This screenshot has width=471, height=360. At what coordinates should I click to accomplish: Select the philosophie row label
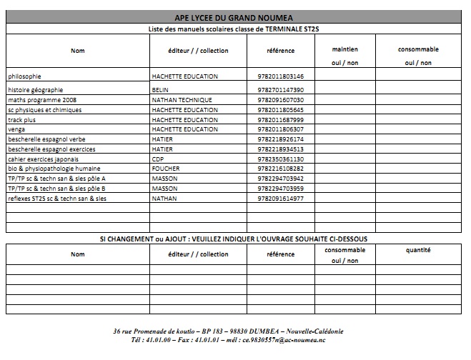pyautogui.click(x=24, y=76)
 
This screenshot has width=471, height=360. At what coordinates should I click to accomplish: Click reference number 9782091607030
pyautogui.click(x=280, y=100)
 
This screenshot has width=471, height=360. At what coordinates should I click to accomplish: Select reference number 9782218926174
pyautogui.click(x=280, y=139)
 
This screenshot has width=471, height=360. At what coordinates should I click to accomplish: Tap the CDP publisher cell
pyautogui.click(x=158, y=159)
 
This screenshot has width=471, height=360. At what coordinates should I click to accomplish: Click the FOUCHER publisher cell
pyautogui.click(x=164, y=169)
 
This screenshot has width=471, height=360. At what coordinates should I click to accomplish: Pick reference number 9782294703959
pyautogui.click(x=280, y=188)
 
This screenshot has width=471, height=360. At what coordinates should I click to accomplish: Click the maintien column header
pyautogui.click(x=345, y=50)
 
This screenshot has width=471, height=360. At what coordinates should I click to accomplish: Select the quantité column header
pyautogui.click(x=418, y=251)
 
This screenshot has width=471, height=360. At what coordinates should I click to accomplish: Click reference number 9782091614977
pyautogui.click(x=280, y=198)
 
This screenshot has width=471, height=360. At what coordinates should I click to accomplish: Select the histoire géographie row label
pyautogui.click(x=35, y=90)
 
